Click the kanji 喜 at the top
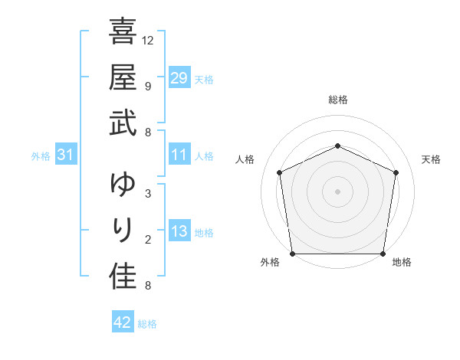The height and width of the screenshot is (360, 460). pyautogui.click(x=123, y=33)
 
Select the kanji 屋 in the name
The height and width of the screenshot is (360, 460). pyautogui.click(x=123, y=77)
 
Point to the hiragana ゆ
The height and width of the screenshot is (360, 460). pyautogui.click(x=123, y=185)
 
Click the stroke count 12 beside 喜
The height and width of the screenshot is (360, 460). pyautogui.click(x=148, y=40)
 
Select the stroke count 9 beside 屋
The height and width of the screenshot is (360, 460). pyautogui.click(x=147, y=87)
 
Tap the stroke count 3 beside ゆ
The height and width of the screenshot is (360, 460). pyautogui.click(x=147, y=194)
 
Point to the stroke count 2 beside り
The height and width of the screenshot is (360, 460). pyautogui.click(x=147, y=240)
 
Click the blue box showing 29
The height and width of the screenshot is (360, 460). pyautogui.click(x=179, y=78)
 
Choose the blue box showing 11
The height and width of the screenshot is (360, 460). pyautogui.click(x=179, y=155)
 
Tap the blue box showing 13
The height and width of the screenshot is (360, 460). pyautogui.click(x=179, y=231)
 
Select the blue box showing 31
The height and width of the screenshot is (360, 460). pyautogui.click(x=66, y=155)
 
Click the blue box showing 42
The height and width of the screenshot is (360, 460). pyautogui.click(x=123, y=322)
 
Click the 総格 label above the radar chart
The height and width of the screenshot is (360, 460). pyautogui.click(x=338, y=100)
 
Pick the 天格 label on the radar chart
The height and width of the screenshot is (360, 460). pyautogui.click(x=432, y=159)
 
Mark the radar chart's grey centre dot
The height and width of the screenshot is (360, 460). pyautogui.click(x=337, y=191)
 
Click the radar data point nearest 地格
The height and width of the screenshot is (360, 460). pyautogui.click(x=383, y=254)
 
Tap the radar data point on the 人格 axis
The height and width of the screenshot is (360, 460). pyautogui.click(x=280, y=172)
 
